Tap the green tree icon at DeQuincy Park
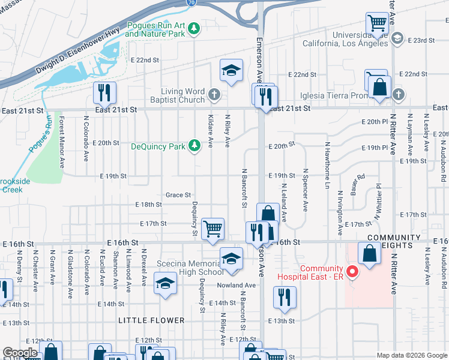[x=194, y=145]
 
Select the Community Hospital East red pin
[x=353, y=272]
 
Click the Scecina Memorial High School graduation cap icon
[x=231, y=259]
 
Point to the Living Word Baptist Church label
[x=182, y=95]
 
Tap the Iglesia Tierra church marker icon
[x=398, y=94]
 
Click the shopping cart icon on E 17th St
[x=212, y=229]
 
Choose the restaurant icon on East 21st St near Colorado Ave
[x=104, y=93]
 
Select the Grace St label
[x=178, y=195]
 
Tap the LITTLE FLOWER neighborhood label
[x=151, y=320]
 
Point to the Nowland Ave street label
[x=236, y=285]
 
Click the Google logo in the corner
[x=20, y=353]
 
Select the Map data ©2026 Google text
[x=412, y=355]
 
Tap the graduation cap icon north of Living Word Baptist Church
[x=231, y=70]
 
